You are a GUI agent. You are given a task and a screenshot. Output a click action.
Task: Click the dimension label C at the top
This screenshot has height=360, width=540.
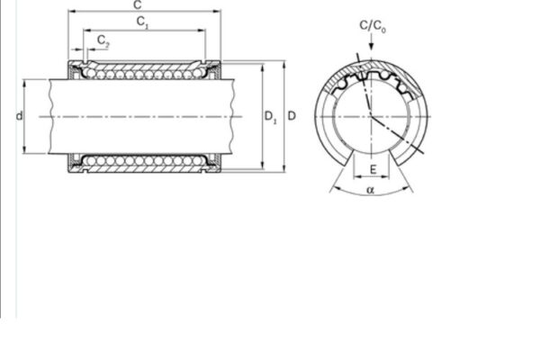146,6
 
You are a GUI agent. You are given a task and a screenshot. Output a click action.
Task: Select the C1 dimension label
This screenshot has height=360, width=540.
143,22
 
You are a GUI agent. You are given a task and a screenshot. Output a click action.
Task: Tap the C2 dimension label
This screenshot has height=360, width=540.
103,42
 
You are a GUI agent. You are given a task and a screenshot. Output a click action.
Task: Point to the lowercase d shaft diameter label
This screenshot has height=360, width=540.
19,115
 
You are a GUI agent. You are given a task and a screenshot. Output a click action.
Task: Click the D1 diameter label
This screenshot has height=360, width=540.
270,115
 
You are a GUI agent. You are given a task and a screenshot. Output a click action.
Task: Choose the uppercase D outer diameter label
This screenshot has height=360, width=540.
291,115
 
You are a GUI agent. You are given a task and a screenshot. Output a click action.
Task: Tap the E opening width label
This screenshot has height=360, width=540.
371,169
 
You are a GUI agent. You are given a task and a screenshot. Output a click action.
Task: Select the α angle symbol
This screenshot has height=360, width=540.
371,191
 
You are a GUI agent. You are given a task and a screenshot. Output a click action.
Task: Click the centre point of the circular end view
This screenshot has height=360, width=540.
371,115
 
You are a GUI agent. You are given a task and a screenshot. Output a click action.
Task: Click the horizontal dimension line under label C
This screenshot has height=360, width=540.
146,13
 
